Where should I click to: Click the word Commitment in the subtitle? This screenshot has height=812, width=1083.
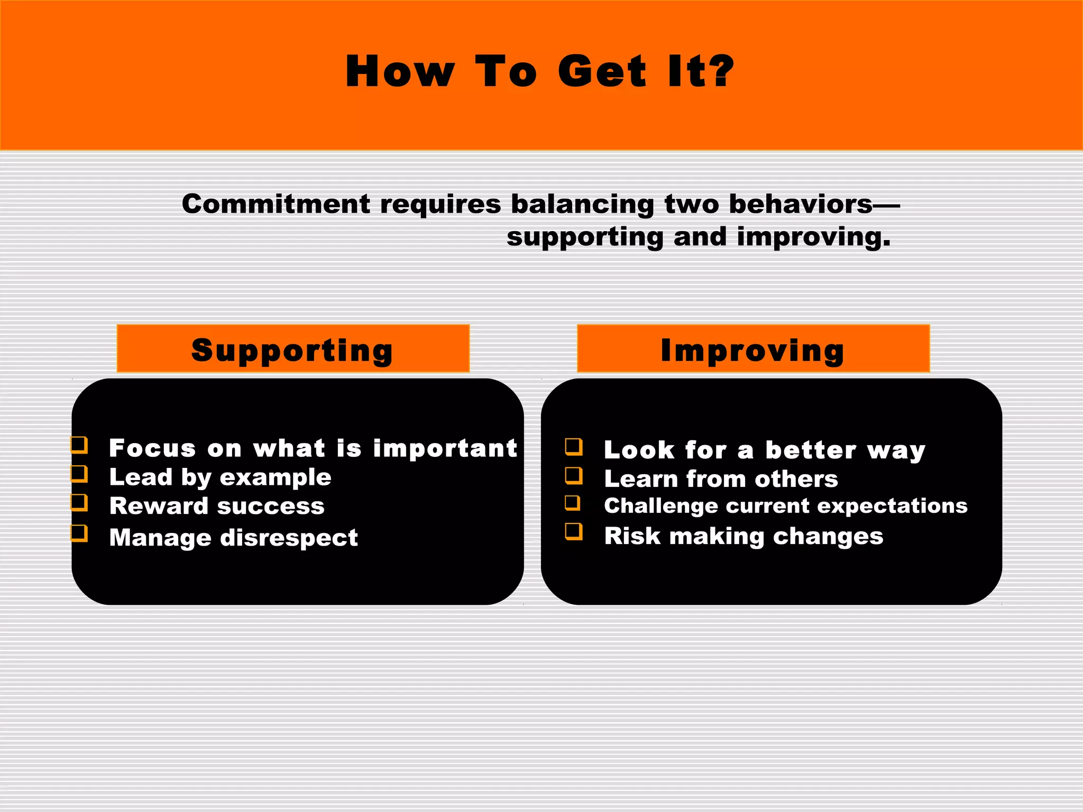[276, 204]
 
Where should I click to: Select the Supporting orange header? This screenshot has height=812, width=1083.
[293, 349]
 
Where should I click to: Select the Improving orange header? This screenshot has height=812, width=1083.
[753, 349]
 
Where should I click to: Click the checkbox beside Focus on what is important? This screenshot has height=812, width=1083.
[79, 445]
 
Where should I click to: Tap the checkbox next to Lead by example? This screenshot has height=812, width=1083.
[79, 474]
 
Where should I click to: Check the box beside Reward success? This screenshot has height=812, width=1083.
[79, 502]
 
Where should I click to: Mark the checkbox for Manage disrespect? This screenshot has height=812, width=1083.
[79, 533]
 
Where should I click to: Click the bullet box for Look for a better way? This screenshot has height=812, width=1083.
[574, 447]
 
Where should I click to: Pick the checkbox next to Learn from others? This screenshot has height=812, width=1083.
[574, 476]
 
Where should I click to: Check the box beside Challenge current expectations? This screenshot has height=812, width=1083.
[573, 503]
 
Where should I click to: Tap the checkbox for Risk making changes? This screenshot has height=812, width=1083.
[574, 531]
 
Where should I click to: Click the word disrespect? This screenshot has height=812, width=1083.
[289, 538]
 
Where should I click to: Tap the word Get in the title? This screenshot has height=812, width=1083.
[602, 71]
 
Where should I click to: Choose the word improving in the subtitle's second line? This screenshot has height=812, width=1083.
[813, 237]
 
